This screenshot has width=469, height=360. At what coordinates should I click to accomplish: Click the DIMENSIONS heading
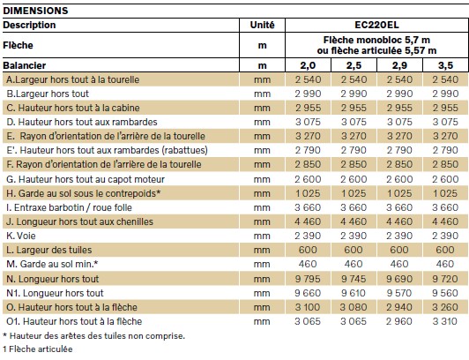coord(35,11)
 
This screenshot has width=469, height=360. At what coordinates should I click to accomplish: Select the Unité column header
coord(263,25)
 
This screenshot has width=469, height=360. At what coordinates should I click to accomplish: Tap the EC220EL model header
coord(376,25)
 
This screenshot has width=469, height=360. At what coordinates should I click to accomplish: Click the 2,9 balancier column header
coord(399,65)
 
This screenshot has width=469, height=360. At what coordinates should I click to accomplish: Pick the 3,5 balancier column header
coord(445,65)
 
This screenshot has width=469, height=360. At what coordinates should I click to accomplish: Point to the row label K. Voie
coord(21,236)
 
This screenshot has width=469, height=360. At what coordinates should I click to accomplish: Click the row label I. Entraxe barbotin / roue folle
coord(69,207)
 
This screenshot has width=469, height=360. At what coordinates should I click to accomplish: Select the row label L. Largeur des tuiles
coord(49,250)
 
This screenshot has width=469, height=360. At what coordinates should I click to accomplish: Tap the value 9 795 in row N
coord(308,279)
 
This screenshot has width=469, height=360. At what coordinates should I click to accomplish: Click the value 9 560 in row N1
coord(445,293)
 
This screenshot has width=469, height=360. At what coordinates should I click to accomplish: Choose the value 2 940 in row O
coord(399,307)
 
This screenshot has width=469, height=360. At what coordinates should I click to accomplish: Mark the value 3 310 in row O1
coord(445,321)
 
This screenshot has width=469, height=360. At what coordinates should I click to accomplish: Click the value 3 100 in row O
coord(308,307)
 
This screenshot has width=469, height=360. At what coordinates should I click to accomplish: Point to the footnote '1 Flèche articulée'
coord(38,349)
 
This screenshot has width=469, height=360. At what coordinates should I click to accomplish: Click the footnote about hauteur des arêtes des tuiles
coord(94,336)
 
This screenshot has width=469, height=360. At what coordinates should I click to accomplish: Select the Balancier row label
coord(25,65)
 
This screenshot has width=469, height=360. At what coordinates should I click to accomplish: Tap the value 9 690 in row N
coord(399,279)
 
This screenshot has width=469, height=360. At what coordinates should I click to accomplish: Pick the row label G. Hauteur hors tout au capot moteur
coord(86,179)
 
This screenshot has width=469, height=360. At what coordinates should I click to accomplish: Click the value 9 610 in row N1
coord(354,293)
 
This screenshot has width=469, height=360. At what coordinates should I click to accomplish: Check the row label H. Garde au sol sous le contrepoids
coord(84,193)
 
